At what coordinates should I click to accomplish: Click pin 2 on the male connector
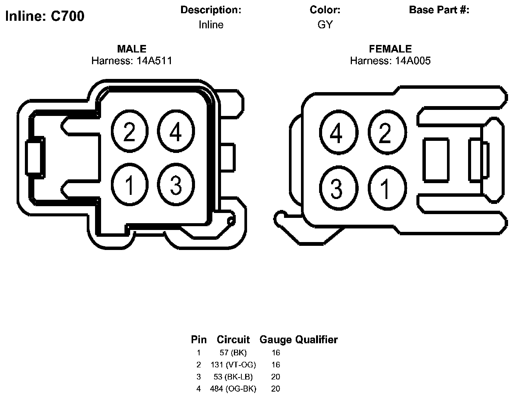coord(129,131)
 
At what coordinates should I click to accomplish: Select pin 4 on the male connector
coord(176,131)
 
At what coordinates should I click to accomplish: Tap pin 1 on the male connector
coord(129,185)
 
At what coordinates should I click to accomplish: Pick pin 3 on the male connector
coord(176,185)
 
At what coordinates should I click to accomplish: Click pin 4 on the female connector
coord(339,133)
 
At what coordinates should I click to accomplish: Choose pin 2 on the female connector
coord(387,133)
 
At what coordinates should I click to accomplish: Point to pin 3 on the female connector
coord(339,188)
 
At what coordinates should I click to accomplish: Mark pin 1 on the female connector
coord(387,188)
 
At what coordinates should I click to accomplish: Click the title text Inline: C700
coord(45,16)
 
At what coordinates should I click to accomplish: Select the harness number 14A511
coord(154,61)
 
